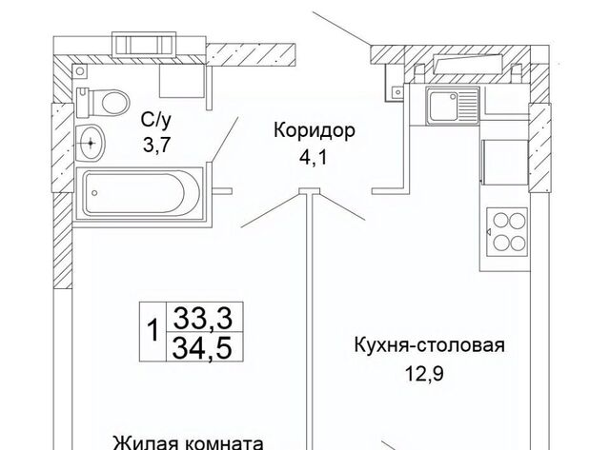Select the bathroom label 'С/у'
click(x=156, y=122)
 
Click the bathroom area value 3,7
click(x=156, y=146)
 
